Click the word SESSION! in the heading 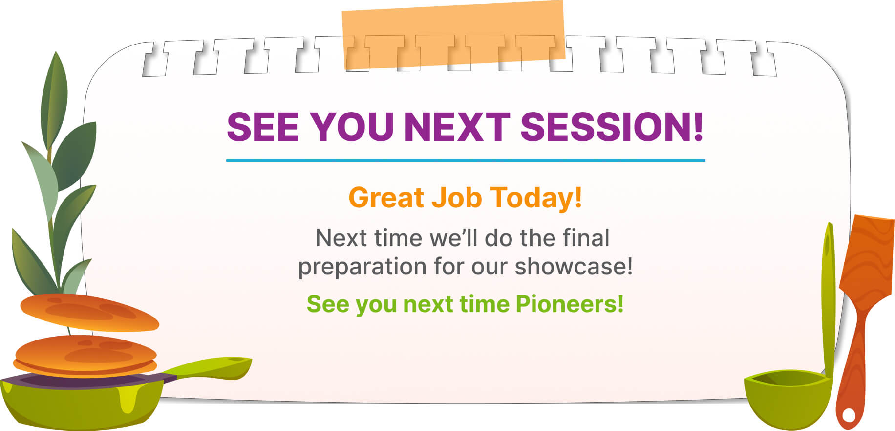tap(612, 127)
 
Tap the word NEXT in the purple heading tap(457, 127)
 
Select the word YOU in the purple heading tap(352, 127)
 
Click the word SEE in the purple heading tap(263, 127)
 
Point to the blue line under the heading tap(466, 160)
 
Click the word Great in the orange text tap(386, 198)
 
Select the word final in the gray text tap(586, 238)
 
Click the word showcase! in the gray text tap(574, 266)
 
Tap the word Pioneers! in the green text tap(570, 303)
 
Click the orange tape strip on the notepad tap(453, 35)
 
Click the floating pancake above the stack tap(89, 312)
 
